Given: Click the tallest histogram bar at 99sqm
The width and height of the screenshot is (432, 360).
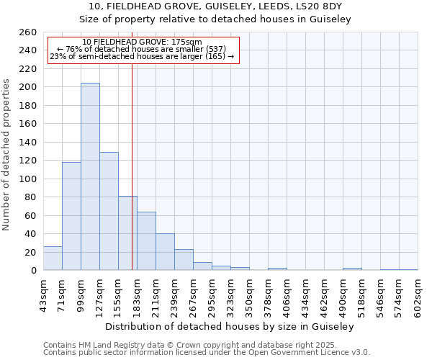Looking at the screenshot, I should pyautogui.click(x=90, y=176).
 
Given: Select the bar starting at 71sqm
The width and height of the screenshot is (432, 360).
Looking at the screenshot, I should pyautogui.click(x=71, y=216).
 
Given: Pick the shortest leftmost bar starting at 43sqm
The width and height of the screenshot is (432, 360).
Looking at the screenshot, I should pyautogui.click(x=53, y=258).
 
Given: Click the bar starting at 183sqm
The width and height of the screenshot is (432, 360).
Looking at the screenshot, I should pyautogui.click(x=146, y=241).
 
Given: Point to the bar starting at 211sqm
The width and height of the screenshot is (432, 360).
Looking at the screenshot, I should pyautogui.click(x=165, y=252).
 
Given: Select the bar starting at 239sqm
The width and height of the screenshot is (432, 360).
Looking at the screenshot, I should pyautogui.click(x=184, y=260).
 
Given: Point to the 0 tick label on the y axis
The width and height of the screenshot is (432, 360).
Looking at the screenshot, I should pyautogui.click(x=33, y=271).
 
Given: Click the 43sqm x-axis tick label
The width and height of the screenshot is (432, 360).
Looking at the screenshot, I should pyautogui.click(x=43, y=295).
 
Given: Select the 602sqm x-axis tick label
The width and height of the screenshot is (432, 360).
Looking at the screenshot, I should pyautogui.click(x=418, y=295).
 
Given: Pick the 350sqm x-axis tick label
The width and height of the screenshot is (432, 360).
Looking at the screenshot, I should pyautogui.click(x=249, y=295).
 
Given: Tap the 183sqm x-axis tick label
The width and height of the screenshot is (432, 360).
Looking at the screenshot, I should pyautogui.click(x=137, y=295).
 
